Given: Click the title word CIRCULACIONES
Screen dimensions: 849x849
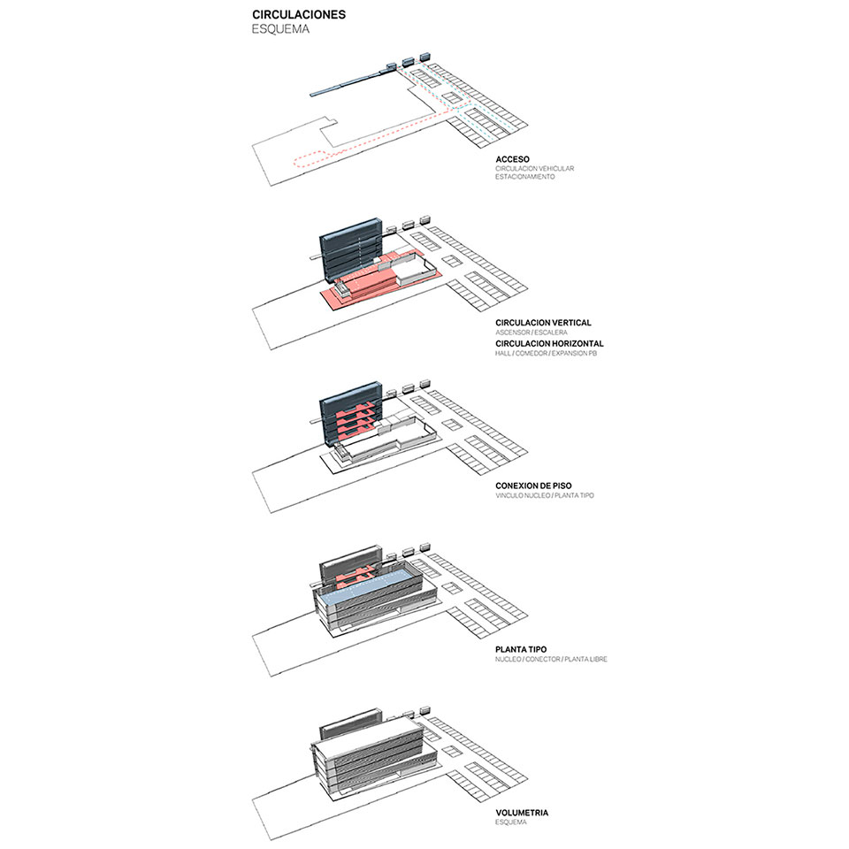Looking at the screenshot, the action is (299, 15).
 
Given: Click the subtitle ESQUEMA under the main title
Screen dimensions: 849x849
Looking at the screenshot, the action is (280, 29).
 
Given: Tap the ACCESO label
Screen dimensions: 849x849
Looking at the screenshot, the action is (512, 159).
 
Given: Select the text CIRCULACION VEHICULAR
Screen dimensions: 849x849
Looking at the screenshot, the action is (534, 168).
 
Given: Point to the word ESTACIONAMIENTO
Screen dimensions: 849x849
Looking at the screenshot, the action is (524, 177).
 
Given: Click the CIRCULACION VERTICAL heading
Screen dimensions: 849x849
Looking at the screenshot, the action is (543, 323).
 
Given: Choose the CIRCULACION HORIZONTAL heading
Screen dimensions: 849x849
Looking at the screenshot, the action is (549, 343).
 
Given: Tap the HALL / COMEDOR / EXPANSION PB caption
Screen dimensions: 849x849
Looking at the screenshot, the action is (546, 353).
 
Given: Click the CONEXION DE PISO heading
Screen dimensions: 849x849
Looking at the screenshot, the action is (533, 486).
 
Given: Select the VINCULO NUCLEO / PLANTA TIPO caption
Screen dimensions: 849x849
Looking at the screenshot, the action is (544, 495).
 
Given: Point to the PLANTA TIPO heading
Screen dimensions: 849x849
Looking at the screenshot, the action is (521, 649).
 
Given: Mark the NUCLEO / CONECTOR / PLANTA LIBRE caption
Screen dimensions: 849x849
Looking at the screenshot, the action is (551, 659).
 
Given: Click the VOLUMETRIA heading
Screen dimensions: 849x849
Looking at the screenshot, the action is (522, 813).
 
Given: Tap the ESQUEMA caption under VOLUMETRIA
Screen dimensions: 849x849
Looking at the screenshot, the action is (510, 822).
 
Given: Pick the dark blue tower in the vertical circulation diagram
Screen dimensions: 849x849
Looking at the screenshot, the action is (352, 250).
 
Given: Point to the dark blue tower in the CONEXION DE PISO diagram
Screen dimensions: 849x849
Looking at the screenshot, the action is (352, 414).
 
